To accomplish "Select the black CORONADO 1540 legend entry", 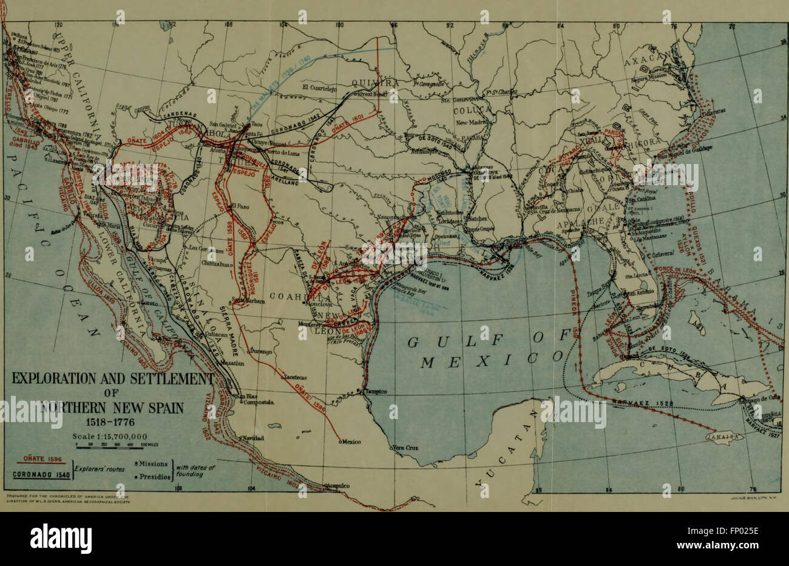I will coord(36,475).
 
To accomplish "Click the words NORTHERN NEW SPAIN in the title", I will coord(110,407).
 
